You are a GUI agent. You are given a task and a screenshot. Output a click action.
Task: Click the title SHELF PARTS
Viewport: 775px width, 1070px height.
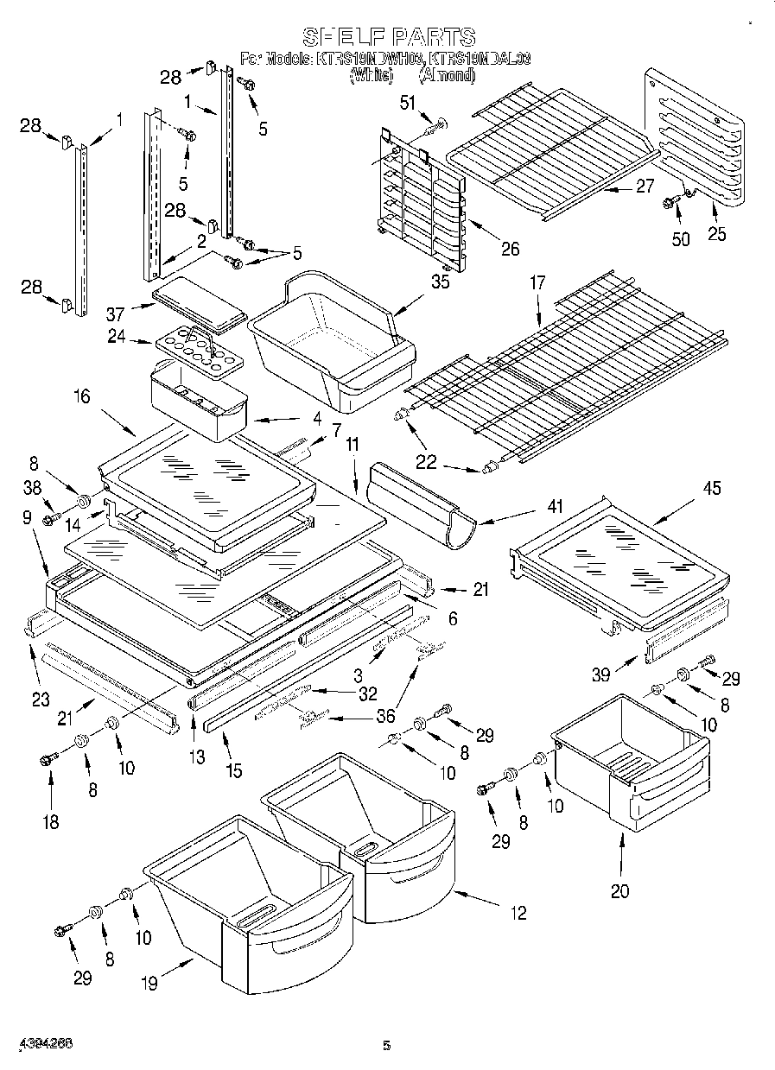pyautogui.click(x=388, y=36)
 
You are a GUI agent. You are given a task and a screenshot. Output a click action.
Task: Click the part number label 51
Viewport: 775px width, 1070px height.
pyautogui.click(x=407, y=104)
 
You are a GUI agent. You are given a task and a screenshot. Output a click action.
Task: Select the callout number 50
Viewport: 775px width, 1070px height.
pyautogui.click(x=681, y=238)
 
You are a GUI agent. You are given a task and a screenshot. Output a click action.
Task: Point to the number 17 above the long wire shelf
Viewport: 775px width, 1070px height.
pyautogui.click(x=537, y=282)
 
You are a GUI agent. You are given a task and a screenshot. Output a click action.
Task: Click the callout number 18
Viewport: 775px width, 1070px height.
pyautogui.click(x=51, y=821)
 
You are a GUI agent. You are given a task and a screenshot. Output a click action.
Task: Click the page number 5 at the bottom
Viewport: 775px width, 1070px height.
pyautogui.click(x=387, y=1045)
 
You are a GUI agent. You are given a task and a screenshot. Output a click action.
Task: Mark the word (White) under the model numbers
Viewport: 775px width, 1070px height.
pyautogui.click(x=371, y=75)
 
